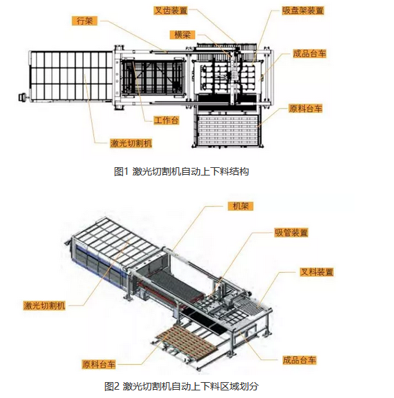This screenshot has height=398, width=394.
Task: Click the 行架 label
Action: [84, 21]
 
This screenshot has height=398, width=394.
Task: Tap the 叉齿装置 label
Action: [171, 10]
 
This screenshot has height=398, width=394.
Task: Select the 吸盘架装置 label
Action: [303, 10]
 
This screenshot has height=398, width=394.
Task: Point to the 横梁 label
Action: [182, 35]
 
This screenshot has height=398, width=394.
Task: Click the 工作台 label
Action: [167, 120]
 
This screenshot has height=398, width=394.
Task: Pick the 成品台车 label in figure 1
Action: [310, 54]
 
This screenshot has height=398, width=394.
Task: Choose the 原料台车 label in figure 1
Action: [306, 108]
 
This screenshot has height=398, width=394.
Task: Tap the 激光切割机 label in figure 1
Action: [131, 144]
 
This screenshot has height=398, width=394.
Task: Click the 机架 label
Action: [241, 206]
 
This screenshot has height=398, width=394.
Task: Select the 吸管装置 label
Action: [292, 232]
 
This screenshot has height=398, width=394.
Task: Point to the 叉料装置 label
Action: [317, 272]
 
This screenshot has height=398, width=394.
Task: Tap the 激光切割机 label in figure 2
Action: [44, 305]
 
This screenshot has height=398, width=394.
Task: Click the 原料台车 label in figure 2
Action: [99, 365]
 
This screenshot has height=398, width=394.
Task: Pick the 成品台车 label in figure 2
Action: [299, 360]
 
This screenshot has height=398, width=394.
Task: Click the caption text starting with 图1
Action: [181, 171]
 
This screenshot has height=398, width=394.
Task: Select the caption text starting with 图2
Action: [181, 386]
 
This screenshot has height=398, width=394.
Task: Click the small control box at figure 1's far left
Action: [22, 97]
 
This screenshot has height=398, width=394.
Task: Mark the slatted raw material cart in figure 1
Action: [227, 130]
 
